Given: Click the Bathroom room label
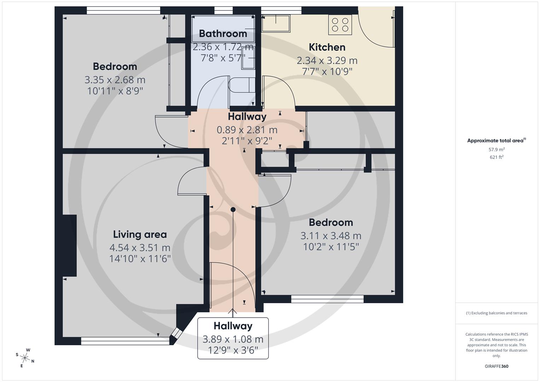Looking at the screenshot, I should [223, 34].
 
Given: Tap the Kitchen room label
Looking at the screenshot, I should [327, 47].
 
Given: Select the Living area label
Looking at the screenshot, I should [140, 234].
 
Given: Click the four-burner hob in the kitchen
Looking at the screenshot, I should [340, 25].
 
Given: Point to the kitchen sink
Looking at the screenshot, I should [276, 23].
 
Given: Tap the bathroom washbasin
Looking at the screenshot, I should [248, 58].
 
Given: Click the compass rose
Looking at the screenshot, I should [25, 357].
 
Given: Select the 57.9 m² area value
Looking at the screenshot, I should [497, 150].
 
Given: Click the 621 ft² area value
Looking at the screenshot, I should [497, 157].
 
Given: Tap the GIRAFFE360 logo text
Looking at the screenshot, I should [497, 366].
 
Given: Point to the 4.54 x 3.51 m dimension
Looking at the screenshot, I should [140, 248].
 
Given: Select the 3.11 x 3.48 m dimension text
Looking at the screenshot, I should [331, 236].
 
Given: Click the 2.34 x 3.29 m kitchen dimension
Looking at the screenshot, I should [327, 60].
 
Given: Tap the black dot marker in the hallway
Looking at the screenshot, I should [233, 210].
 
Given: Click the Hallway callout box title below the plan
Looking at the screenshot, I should [233, 326].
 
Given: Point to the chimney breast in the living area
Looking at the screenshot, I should [70, 245].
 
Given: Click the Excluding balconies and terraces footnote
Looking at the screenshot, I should [497, 313].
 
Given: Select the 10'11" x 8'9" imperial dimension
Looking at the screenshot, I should [115, 91].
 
